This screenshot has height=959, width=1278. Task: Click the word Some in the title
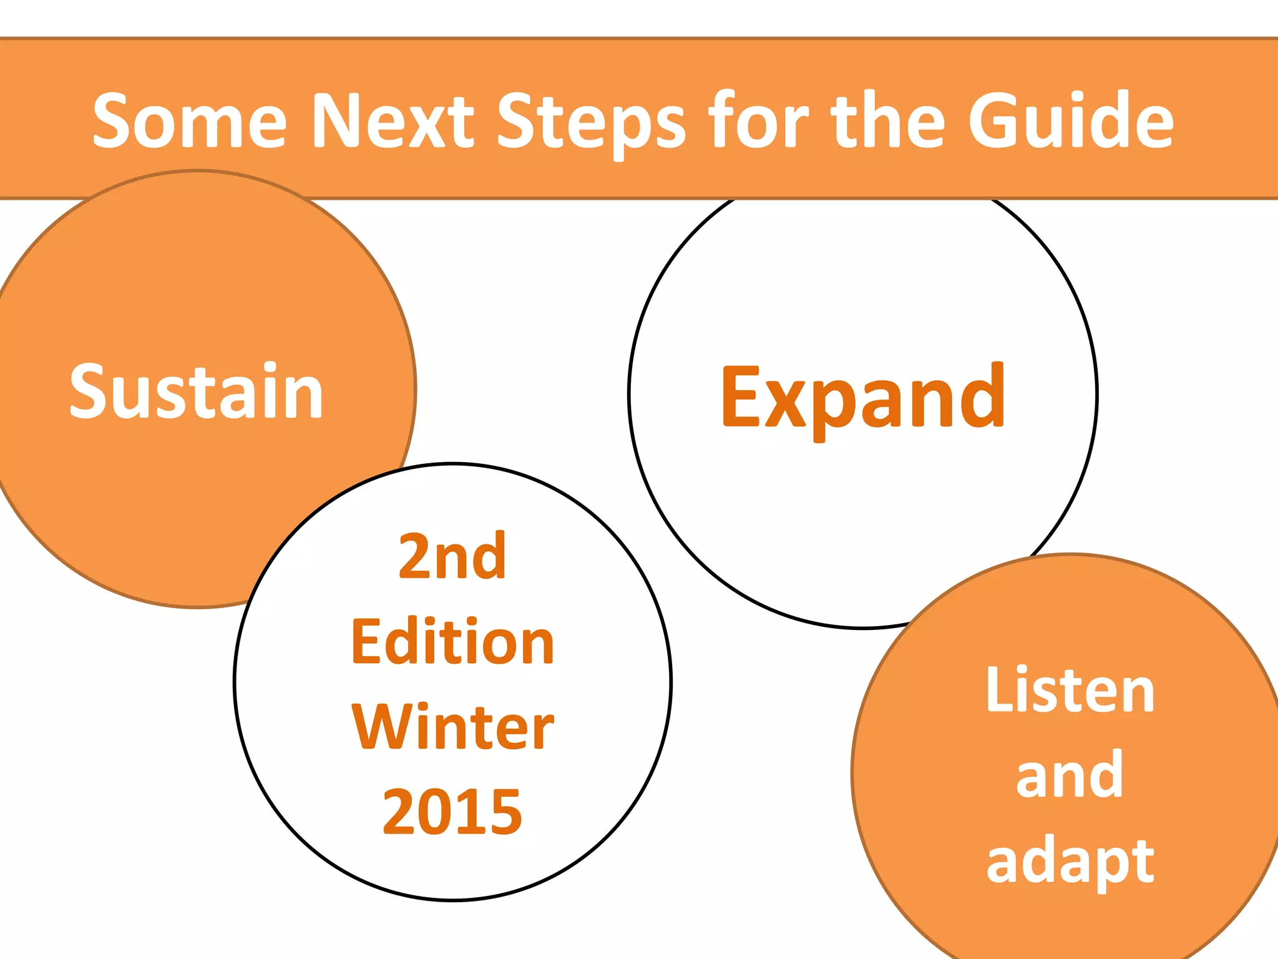pos(189,120)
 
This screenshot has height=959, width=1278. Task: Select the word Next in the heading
pos(393,120)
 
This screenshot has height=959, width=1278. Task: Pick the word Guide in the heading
pos(1071,120)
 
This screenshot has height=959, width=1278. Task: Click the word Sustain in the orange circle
pos(196,391)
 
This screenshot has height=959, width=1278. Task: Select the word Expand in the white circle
pos(863,397)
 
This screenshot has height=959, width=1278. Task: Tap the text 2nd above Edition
pos(452,556)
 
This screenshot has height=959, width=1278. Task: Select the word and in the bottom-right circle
pos(1070,775)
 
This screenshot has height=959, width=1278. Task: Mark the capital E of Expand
pos(741,397)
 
